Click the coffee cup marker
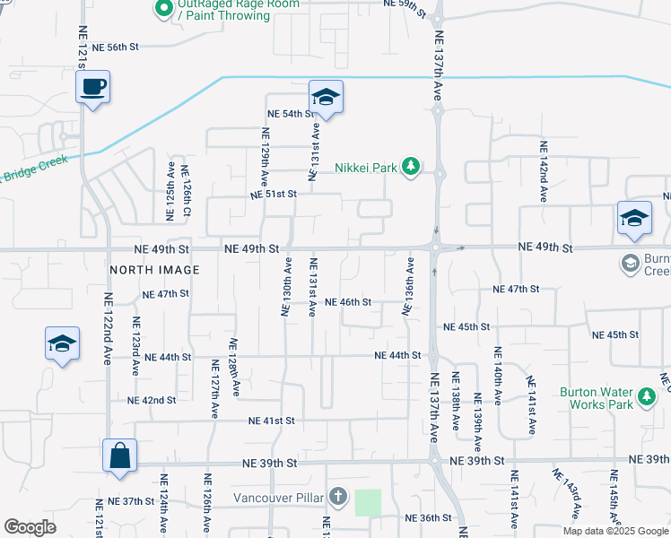tap(92, 88)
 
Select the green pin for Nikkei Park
tap(411, 167)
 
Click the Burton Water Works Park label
tap(596, 398)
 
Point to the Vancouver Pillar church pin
tap(337, 497)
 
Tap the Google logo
tap(30, 527)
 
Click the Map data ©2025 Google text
tap(615, 531)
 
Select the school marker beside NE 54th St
tap(326, 97)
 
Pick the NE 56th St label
tap(117, 47)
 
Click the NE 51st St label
tap(273, 195)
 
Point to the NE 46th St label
tap(348, 302)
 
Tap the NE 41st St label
tap(272, 420)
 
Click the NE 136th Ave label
tap(408, 287)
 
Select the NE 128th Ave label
tap(235, 368)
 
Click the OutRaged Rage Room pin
tap(163, 10)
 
